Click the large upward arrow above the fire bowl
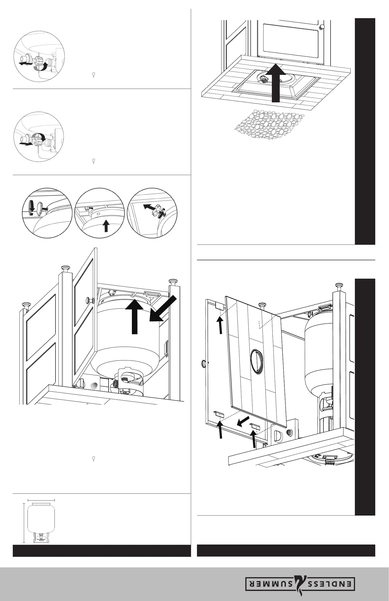(x=276, y=83)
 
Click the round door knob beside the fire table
(x=322, y=27)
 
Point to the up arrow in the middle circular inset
(x=106, y=226)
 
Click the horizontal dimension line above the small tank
(x=41, y=500)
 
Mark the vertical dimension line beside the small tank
(x=24, y=523)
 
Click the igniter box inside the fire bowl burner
(x=263, y=80)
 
